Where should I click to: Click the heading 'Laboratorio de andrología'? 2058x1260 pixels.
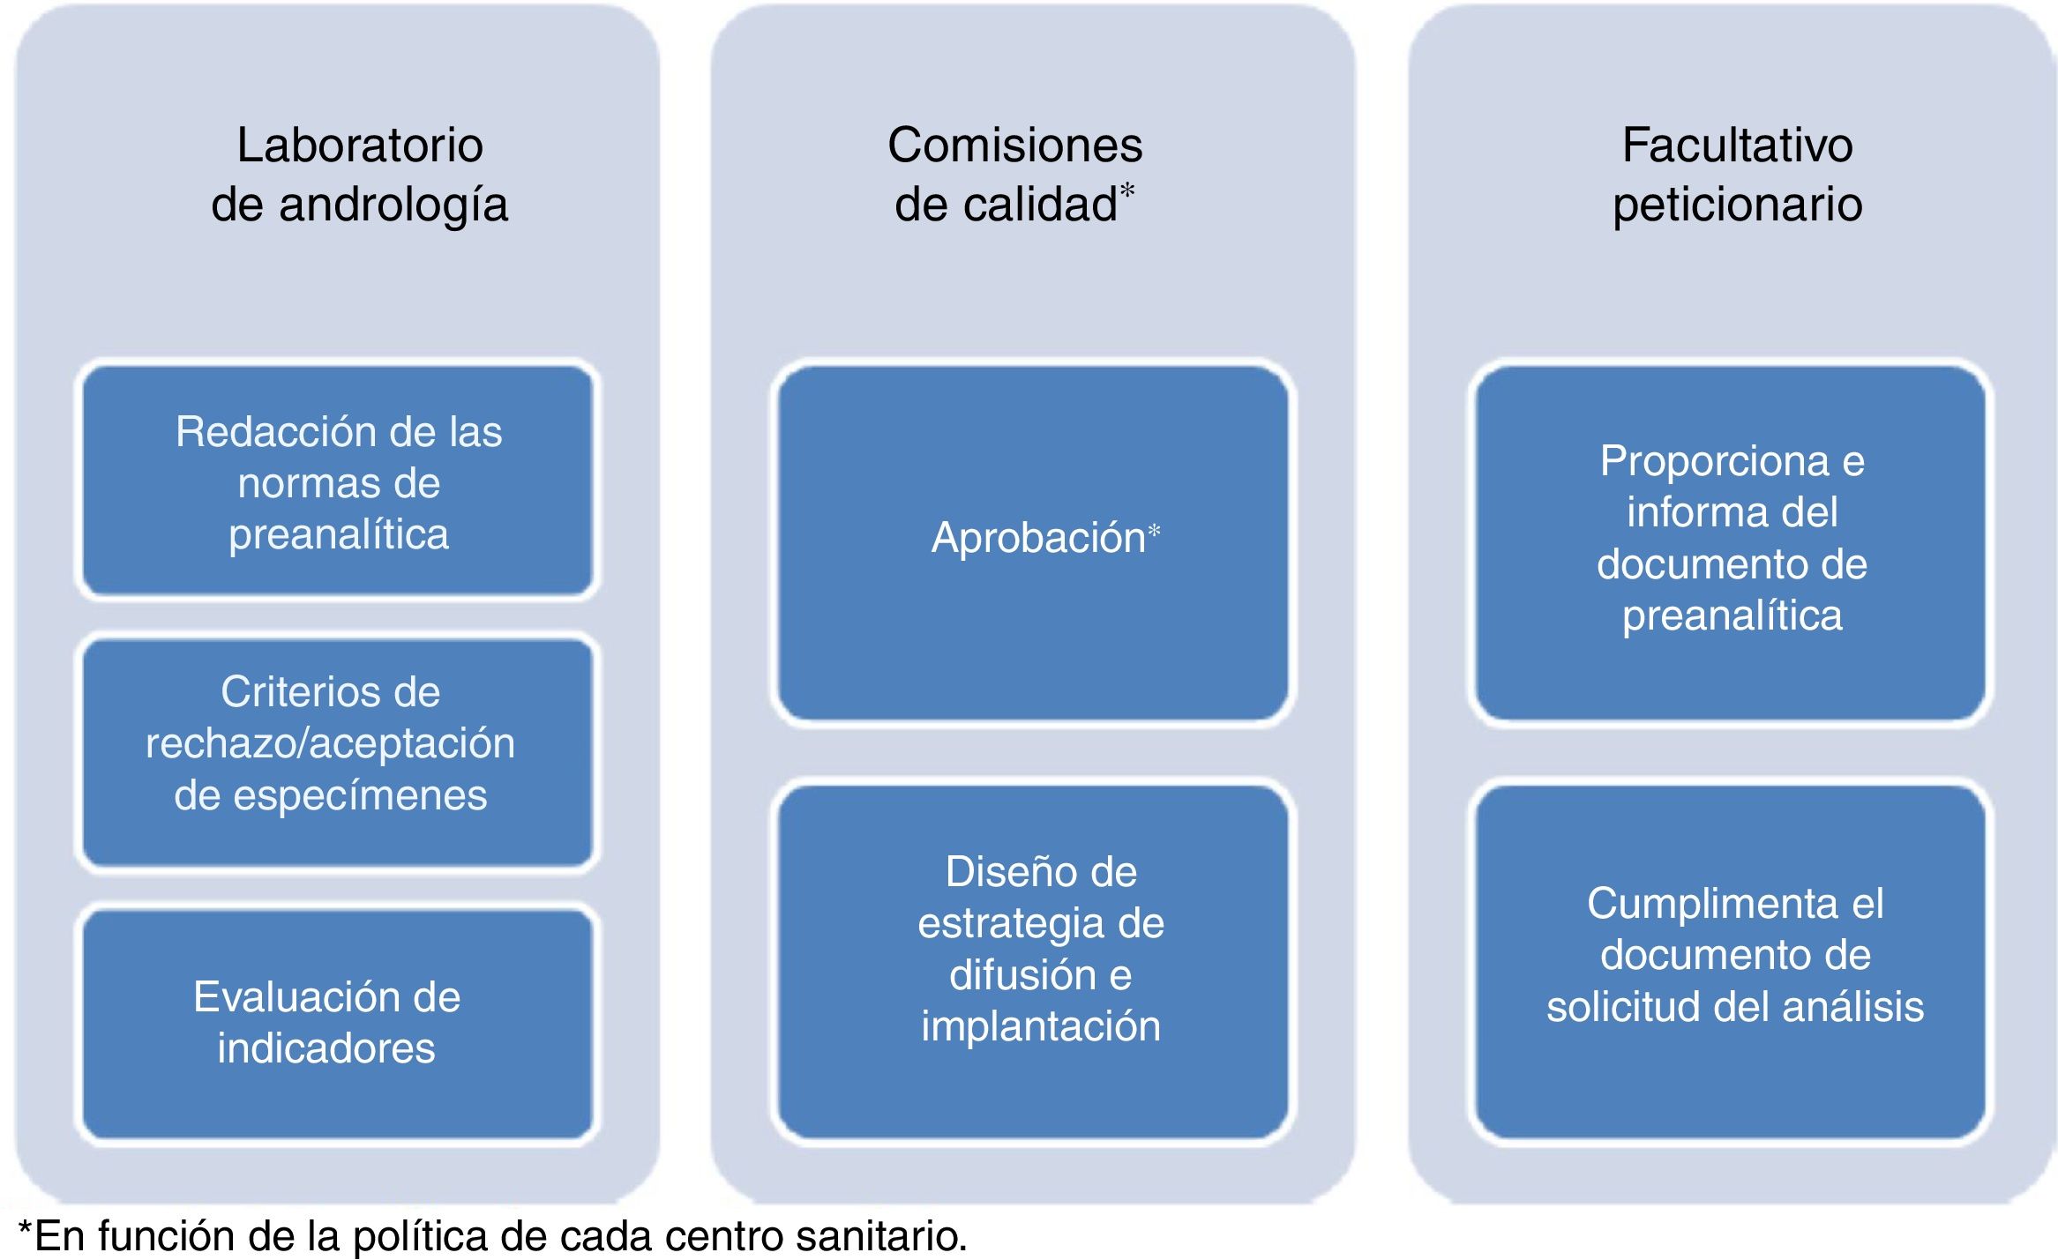point(360,175)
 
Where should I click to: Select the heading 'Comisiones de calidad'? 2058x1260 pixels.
point(1014,175)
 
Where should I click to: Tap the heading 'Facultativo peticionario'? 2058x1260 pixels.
point(1737,175)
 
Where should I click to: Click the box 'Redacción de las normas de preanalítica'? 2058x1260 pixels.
point(339,482)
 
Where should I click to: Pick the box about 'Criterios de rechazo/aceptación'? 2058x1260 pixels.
point(331,743)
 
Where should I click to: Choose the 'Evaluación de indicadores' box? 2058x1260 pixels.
point(327,1023)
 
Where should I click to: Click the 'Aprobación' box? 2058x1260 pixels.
point(1032,540)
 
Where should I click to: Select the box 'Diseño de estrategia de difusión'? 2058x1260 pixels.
point(1041,949)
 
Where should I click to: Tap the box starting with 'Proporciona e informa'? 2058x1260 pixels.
point(1732,538)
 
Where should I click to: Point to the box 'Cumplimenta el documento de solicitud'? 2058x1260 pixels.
point(1735,955)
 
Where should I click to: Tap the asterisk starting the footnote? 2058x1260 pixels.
point(26,1232)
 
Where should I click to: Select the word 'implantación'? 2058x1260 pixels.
point(1041,1026)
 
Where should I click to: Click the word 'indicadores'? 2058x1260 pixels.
point(326,1048)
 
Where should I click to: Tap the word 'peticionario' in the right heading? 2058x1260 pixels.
point(1737,205)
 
